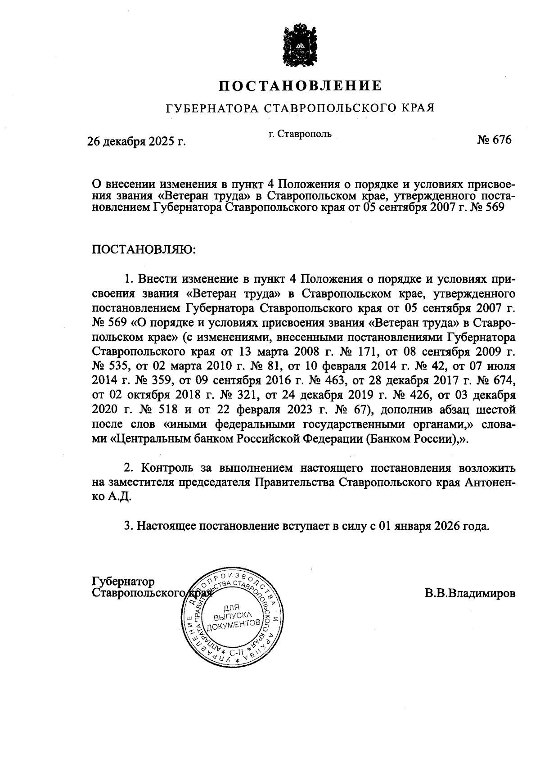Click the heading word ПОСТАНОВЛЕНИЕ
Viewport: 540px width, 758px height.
coord(301,86)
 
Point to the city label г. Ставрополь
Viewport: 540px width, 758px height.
coord(300,134)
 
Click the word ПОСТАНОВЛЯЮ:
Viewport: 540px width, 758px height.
coord(144,249)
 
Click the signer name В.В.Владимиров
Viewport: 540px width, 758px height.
coord(470,593)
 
